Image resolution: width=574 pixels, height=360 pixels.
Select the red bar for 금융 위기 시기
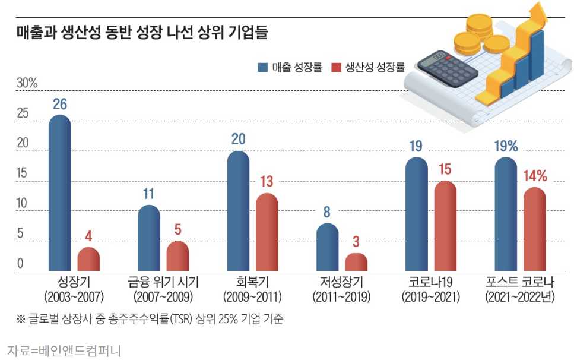point(177,256)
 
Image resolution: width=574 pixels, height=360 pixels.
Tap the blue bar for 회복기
point(238,211)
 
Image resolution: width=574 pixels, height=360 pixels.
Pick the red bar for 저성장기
point(356,262)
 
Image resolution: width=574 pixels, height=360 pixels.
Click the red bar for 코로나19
point(445,226)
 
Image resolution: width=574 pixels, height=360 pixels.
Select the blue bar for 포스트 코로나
point(506,214)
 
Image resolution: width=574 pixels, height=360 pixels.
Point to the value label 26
point(59,105)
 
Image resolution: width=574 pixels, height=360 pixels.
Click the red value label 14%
point(535,176)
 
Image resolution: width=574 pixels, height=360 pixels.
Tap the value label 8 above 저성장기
point(327,213)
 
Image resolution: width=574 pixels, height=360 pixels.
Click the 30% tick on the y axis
point(27,83)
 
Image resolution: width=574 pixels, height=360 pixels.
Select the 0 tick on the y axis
point(20,264)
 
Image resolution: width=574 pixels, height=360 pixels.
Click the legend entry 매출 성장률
point(291,67)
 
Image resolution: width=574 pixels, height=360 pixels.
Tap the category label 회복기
point(252,282)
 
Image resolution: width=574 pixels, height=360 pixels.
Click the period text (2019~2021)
point(430,296)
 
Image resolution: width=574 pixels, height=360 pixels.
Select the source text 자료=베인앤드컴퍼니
point(64,350)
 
